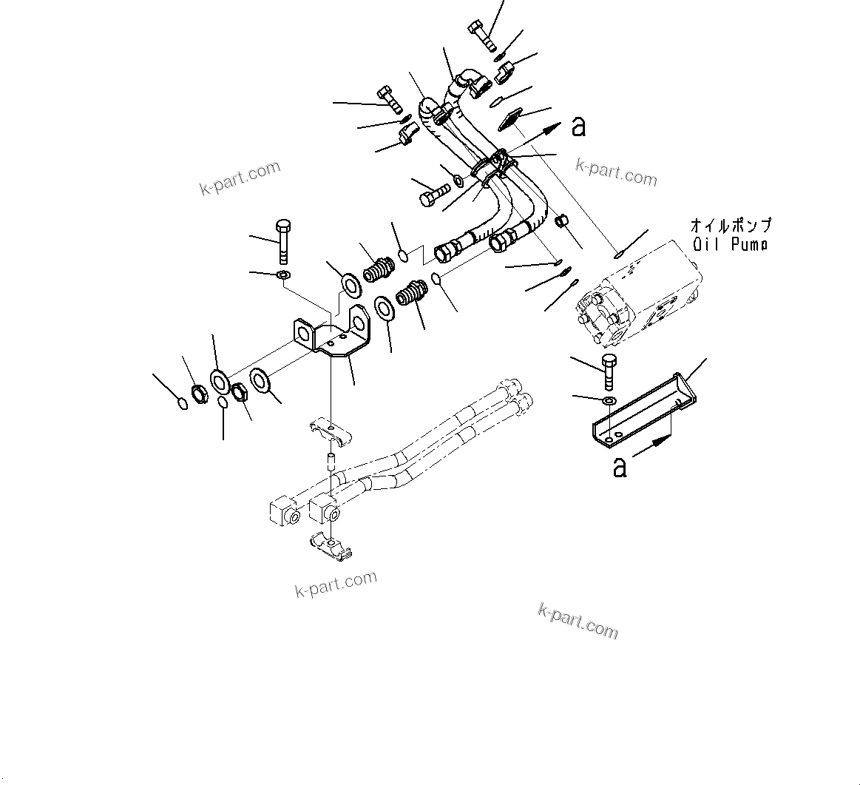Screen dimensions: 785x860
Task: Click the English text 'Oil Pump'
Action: pyautogui.click(x=730, y=245)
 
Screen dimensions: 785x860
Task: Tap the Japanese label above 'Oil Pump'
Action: pyautogui.click(x=730, y=225)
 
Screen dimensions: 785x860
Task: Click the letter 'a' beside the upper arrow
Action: pyautogui.click(x=578, y=127)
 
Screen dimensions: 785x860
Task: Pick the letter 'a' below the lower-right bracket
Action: pyautogui.click(x=620, y=467)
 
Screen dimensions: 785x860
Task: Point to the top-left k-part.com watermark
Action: pyautogui.click(x=240, y=178)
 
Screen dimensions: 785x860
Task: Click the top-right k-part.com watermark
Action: pyautogui.click(x=616, y=173)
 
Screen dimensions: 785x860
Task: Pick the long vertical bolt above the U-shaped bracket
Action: pyautogui.click(x=284, y=240)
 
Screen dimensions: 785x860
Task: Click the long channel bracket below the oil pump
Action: pyautogui.click(x=643, y=411)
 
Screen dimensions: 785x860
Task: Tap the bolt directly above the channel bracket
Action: pyautogui.click(x=609, y=372)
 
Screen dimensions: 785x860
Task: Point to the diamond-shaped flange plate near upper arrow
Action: pyautogui.click(x=511, y=119)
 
